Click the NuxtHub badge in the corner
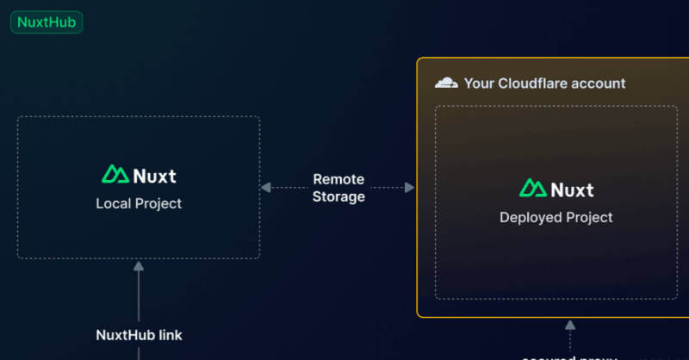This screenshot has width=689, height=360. pos(47,22)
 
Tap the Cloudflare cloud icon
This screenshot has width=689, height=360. pos(446,84)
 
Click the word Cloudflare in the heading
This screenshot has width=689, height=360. pos(531,84)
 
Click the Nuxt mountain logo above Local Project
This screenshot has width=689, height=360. pos(115,175)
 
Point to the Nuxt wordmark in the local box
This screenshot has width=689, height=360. pos(155,176)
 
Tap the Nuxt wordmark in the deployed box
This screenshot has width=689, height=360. pos(572,189)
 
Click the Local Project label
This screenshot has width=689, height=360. pos(139,204)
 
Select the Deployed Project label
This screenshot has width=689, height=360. pos(556,217)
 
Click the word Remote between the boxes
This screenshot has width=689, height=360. pos(338,180)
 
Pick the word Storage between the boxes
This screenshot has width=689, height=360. pos(338,196)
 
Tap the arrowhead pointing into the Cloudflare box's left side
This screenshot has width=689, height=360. pos(410,187)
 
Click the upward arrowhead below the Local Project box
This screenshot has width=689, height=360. pos(139,266)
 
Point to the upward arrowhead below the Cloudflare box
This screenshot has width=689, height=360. pos(569,325)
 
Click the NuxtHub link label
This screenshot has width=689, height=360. pos(139,334)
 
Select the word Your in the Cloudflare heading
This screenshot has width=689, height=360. pos(479,84)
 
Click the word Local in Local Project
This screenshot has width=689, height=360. pos(112,204)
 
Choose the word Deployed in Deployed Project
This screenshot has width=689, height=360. pos(528,217)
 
